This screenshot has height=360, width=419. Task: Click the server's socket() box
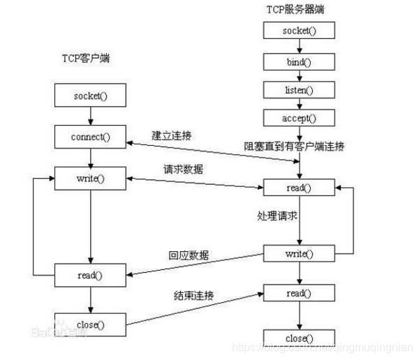tap(299, 31)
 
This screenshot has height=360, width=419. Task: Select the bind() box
tap(299, 61)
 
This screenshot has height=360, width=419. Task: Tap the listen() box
tap(299, 90)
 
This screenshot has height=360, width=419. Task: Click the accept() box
tap(299, 118)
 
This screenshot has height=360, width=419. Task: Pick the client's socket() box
tap(91, 95)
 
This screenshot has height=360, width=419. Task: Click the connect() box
tap(91, 136)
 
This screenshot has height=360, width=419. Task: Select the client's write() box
tap(91, 179)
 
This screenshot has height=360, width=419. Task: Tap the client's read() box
tap(91, 275)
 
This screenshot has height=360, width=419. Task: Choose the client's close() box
tap(91, 324)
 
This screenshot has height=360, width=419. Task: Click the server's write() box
tap(299, 253)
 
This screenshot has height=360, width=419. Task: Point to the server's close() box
tap(299, 338)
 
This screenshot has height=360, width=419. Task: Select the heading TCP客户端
tap(86, 59)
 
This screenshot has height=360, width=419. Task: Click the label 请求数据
tap(183, 168)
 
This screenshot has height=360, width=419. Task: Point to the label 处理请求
tap(277, 216)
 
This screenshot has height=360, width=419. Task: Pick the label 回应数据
tap(189, 255)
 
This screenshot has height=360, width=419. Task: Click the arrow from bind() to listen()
tap(299, 75)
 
